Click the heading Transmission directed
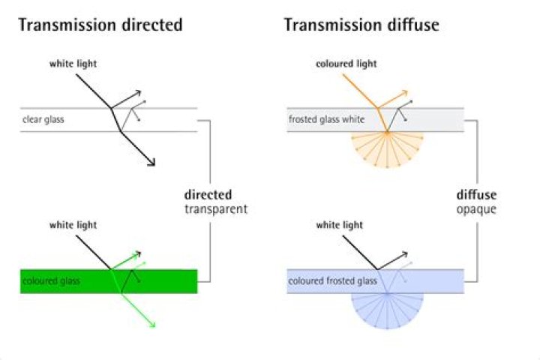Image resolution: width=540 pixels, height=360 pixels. pos(100,25)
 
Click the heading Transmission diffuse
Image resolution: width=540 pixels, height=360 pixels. pos(361,25)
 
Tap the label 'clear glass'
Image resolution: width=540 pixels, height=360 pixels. pos(43,119)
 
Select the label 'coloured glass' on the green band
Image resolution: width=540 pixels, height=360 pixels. pos(50,281)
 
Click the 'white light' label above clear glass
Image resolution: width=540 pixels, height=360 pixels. pos(73,64)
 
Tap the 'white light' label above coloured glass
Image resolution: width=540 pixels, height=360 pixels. pos(73,224)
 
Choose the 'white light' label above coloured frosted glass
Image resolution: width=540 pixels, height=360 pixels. pos(340,224)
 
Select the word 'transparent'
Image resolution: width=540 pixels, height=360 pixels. pos(216,209)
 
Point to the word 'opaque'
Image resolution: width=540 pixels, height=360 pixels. pos(476,209)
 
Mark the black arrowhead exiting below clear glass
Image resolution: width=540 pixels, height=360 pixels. pos(152,163)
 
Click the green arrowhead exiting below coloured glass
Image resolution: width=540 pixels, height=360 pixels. pos(152,325)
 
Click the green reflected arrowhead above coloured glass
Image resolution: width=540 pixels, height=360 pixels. pos(139,253)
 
